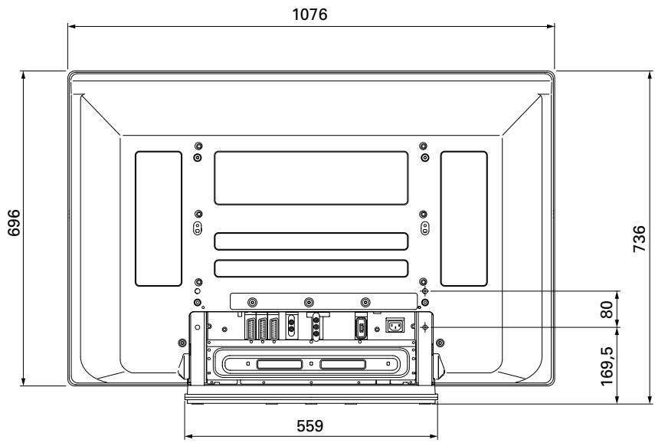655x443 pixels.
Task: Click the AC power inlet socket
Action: (395, 326)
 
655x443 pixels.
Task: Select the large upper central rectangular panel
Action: (310, 178)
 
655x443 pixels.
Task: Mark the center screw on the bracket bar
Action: (309, 302)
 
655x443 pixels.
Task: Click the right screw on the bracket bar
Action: (365, 302)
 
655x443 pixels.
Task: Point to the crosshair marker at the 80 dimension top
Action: (425, 292)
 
